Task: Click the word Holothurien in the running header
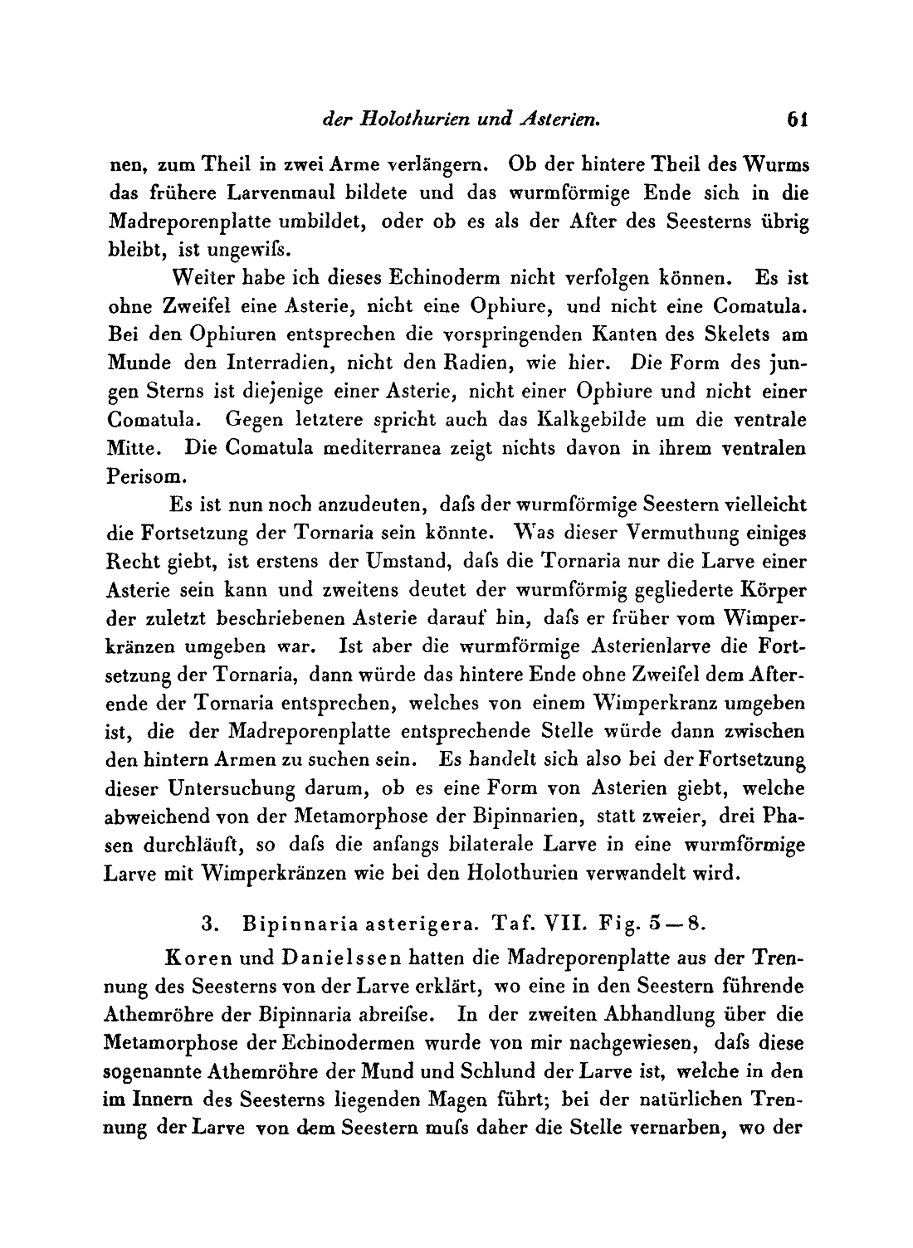coord(402,120)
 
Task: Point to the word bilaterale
coord(519,845)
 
